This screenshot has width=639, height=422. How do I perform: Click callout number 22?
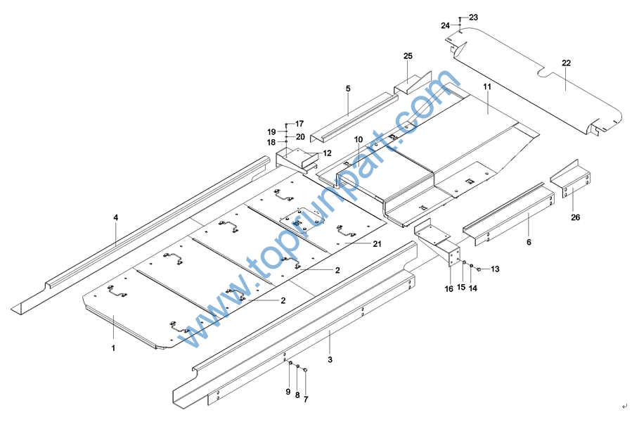[566, 63]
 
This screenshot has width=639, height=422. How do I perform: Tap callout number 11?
[486, 86]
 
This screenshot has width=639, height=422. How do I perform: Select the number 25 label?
[408, 56]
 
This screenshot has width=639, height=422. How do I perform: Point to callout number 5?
[347, 89]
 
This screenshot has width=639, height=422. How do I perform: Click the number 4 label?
[116, 218]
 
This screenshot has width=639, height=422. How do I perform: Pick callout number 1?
[113, 347]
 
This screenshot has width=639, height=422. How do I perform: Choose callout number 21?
[377, 244]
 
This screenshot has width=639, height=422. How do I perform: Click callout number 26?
[575, 217]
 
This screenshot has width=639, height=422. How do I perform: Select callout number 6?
[529, 242]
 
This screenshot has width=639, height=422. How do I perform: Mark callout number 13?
[495, 269]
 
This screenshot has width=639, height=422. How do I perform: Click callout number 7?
[306, 399]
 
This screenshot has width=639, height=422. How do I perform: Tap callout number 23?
[473, 17]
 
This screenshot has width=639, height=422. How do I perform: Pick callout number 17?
[299, 124]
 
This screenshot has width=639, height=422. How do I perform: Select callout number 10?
[358, 139]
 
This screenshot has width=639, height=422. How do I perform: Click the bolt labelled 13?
[479, 269]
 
